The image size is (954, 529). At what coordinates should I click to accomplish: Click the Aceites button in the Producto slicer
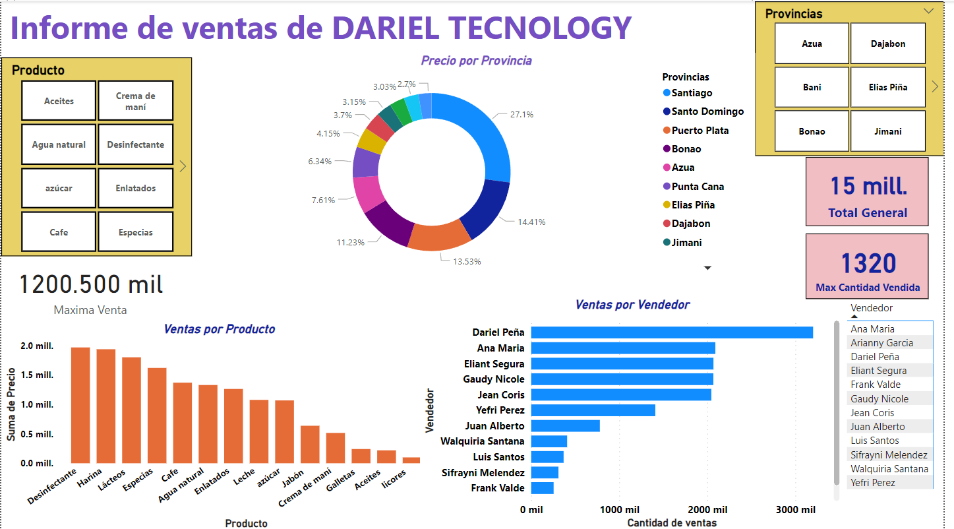click(59, 101)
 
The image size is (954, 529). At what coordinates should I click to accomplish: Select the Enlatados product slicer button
click(136, 188)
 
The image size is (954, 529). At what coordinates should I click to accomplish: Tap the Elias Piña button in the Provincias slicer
click(887, 87)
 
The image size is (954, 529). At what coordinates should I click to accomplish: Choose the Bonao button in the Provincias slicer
click(812, 131)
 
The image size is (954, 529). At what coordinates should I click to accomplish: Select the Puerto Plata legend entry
click(700, 131)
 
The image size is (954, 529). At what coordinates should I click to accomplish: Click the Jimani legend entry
click(686, 242)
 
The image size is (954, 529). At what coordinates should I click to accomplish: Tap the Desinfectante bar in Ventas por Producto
click(80, 405)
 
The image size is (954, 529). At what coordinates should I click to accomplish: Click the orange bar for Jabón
click(310, 444)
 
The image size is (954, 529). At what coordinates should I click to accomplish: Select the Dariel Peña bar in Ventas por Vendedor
click(671, 332)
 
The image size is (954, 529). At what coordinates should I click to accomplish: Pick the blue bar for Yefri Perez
click(593, 410)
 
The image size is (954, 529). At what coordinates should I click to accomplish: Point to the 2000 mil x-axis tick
click(707, 510)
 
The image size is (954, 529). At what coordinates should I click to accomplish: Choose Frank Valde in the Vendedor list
click(875, 385)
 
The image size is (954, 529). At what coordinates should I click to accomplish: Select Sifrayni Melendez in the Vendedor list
click(889, 455)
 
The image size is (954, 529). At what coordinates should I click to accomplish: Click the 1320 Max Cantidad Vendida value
click(868, 264)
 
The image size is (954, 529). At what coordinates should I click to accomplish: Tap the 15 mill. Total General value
click(868, 187)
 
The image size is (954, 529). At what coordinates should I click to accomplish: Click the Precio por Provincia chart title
click(476, 61)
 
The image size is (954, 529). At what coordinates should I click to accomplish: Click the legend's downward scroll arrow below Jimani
click(708, 268)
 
